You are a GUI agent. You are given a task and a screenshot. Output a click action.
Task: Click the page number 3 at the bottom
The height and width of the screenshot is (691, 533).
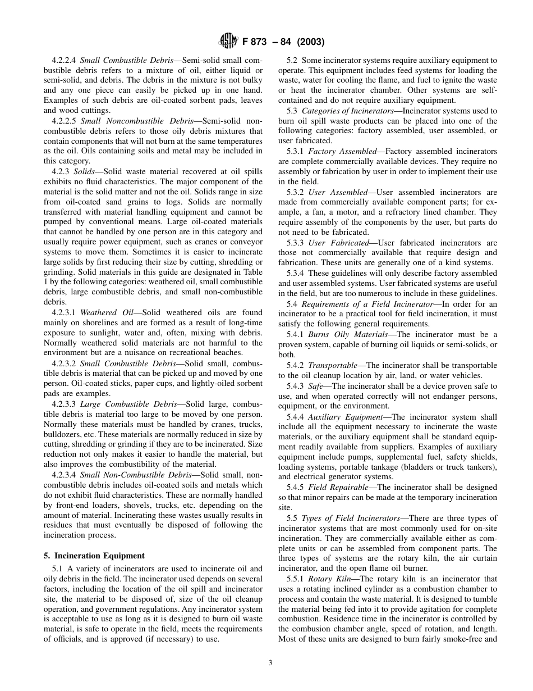(270, 662)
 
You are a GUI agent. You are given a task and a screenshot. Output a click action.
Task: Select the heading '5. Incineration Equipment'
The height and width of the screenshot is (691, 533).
(94, 556)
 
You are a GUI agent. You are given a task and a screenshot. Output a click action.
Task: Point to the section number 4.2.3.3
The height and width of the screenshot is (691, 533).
(63, 404)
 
